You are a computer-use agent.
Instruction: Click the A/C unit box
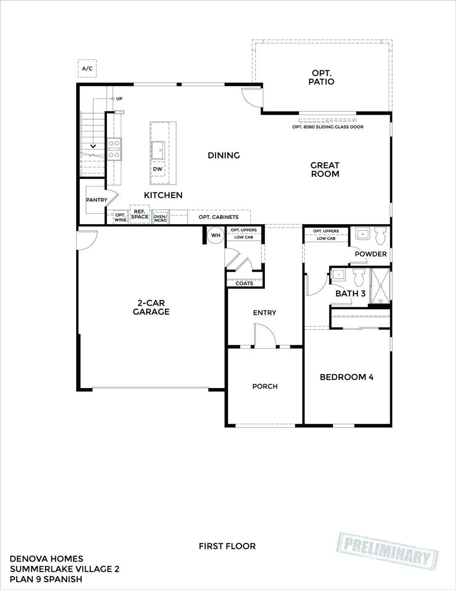[x=87, y=68]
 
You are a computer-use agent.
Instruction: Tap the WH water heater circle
[x=216, y=236]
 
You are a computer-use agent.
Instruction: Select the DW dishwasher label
[x=157, y=169]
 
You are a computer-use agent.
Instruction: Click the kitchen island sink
[x=158, y=150]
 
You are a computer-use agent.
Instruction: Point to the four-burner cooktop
[x=114, y=149]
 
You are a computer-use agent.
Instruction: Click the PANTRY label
[x=96, y=200]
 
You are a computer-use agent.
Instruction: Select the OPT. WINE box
[x=120, y=217]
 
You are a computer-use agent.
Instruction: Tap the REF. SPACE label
[x=140, y=214]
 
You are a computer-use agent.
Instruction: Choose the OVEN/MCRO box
[x=160, y=218]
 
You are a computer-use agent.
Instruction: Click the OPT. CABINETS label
[x=218, y=217]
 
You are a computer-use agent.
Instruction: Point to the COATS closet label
[x=244, y=284]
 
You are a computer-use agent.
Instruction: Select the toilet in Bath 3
[x=359, y=277]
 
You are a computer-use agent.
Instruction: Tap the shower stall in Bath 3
[x=381, y=286]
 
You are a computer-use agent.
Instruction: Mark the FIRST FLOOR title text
[x=227, y=546]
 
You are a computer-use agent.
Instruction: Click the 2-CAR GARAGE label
[x=151, y=307]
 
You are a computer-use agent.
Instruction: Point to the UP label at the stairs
[x=119, y=99]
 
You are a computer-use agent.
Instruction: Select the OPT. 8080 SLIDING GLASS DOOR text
[x=328, y=127]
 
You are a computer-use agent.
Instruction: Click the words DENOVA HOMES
[x=46, y=559]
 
